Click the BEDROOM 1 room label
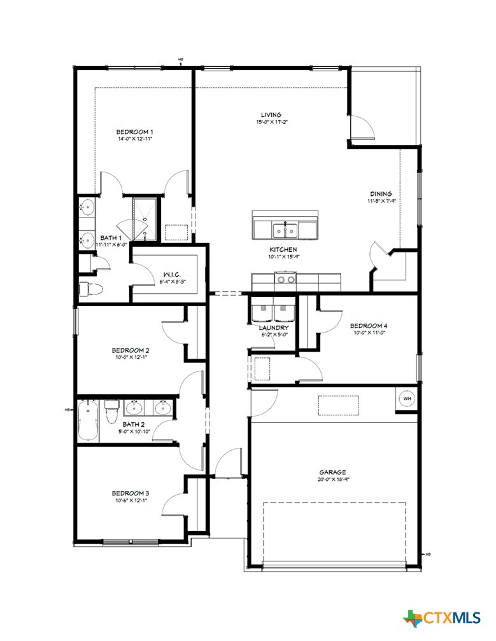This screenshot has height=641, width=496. coord(134,132)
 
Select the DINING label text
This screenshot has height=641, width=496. coord(381,194)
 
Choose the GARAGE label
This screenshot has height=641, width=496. coord(332,472)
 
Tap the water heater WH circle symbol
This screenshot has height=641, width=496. coord(407,399)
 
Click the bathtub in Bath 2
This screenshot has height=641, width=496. coord(87,420)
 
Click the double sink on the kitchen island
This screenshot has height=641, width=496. coord(285,229)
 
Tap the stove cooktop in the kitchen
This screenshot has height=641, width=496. coord(285,279)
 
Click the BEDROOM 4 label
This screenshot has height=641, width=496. coord(369,325)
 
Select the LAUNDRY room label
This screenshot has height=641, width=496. coord(275,327)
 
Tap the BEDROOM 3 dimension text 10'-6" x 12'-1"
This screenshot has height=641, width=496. coord(130,500)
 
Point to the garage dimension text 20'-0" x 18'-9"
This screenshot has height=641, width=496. coord(332,480)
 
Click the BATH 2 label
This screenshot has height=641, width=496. coord(134,424)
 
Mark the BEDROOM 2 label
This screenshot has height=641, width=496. coord(131,350)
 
